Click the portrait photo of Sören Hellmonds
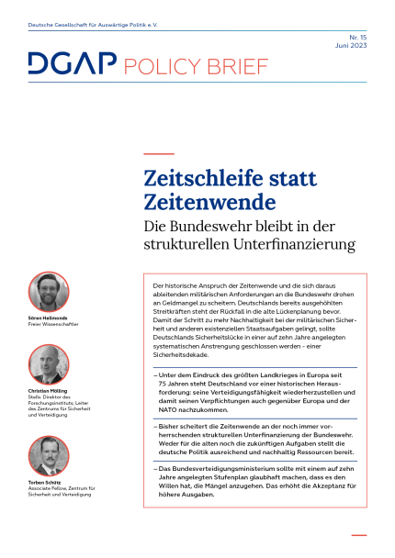[48, 292]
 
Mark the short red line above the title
[160, 153]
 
